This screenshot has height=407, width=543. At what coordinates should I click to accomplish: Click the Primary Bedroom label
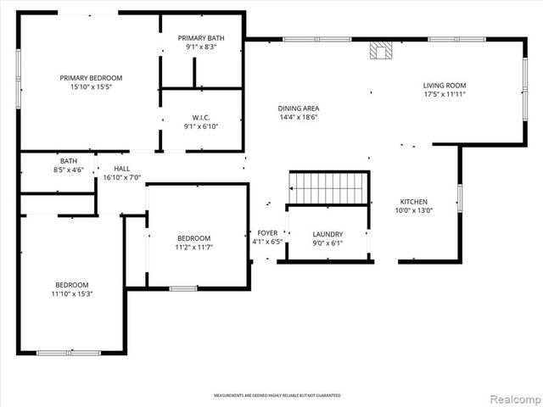click(91, 78)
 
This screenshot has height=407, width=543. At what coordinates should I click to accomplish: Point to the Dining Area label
click(298, 108)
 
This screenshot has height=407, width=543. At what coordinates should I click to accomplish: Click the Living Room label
click(445, 85)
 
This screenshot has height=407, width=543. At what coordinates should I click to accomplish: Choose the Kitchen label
click(414, 202)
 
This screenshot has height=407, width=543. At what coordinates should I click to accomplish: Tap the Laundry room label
click(327, 234)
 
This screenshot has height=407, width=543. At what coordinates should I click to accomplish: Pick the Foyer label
click(267, 232)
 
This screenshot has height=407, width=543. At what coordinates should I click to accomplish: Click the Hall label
click(121, 168)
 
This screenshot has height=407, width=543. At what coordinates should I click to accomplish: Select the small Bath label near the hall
click(69, 160)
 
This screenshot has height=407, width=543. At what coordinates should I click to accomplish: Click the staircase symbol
click(329, 187)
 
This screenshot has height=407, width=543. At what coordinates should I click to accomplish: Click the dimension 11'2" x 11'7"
click(193, 248)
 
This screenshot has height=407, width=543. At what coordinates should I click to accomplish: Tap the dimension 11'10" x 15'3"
click(72, 294)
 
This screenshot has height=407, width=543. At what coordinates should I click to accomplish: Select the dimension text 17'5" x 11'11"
click(445, 94)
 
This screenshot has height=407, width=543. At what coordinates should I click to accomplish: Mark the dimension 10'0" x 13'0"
click(414, 211)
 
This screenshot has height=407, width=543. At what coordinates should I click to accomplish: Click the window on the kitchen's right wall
click(459, 198)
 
